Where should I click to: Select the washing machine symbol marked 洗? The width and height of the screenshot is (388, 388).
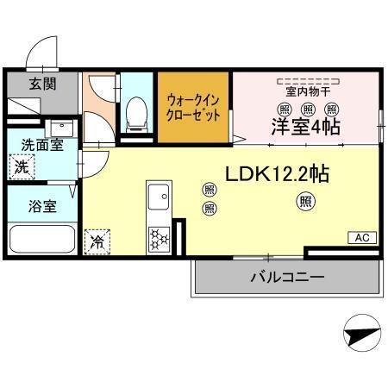click(22, 166)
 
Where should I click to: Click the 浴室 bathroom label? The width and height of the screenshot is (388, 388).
click(37, 208)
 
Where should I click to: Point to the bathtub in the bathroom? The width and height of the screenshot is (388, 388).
click(41, 237)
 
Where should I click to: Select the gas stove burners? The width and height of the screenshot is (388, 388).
click(160, 238)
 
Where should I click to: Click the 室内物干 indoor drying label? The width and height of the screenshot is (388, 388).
click(308, 91)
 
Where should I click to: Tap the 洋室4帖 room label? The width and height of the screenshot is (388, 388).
click(306, 128)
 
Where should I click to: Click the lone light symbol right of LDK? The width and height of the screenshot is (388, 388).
click(306, 202)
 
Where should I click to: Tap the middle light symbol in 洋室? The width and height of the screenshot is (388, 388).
click(308, 109)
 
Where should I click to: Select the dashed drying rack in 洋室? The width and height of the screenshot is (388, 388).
click(308, 78)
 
